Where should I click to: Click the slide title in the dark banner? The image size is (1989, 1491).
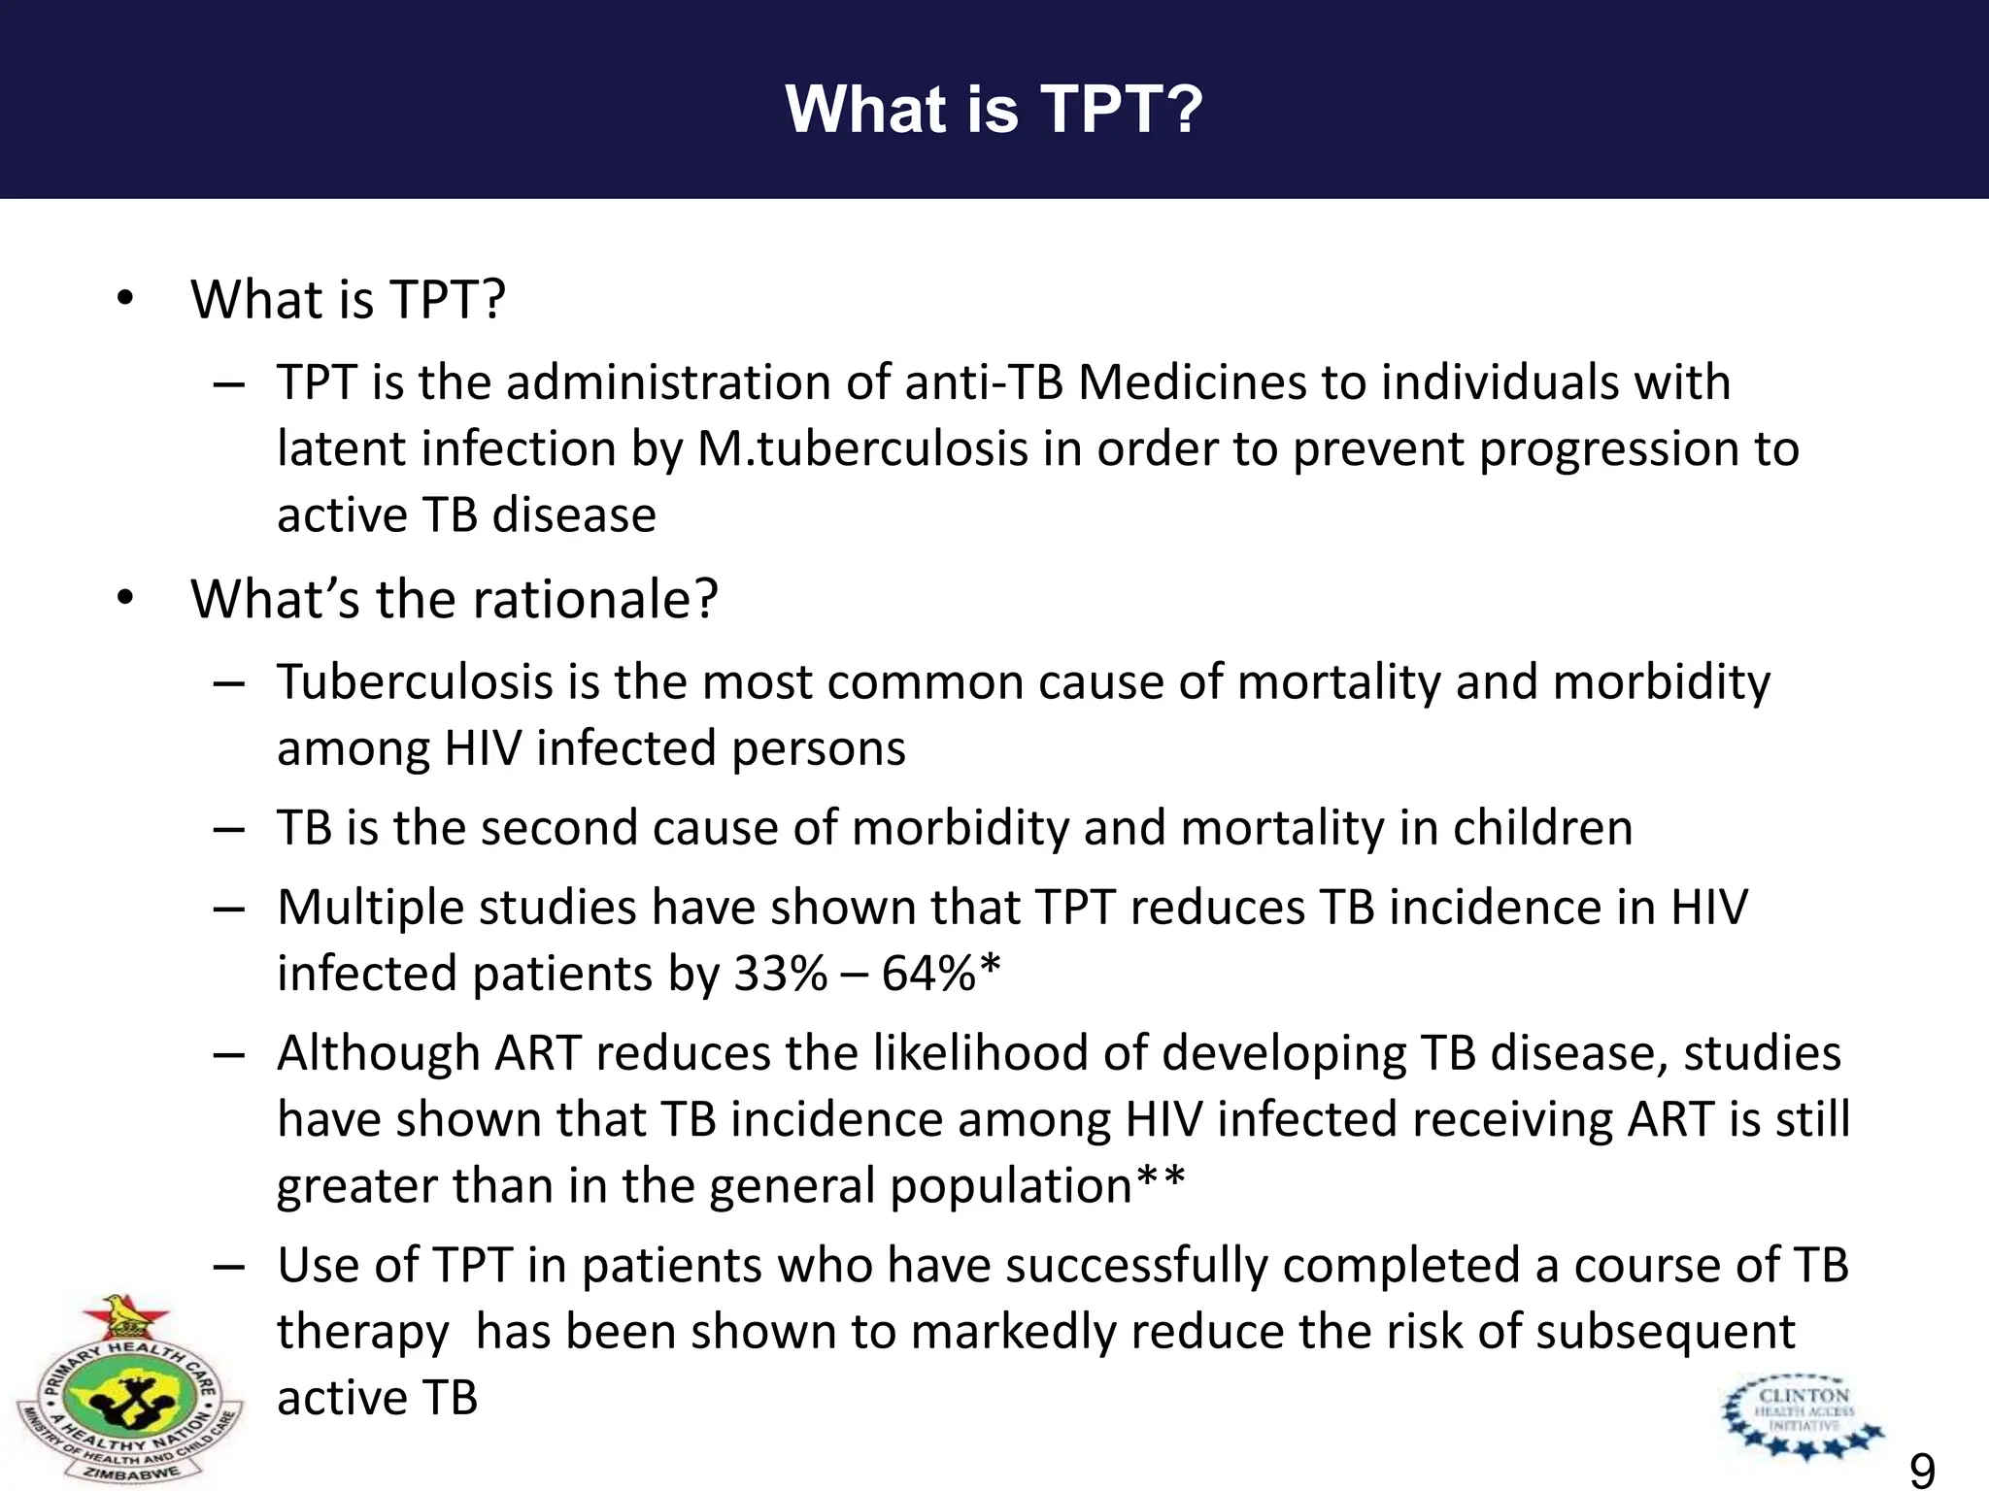[994, 108]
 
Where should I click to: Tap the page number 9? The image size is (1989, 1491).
[1922, 1471]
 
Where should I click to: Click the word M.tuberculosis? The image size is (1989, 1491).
[862, 448]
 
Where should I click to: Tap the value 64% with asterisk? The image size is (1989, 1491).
[940, 973]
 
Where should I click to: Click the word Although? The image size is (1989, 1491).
[379, 1053]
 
